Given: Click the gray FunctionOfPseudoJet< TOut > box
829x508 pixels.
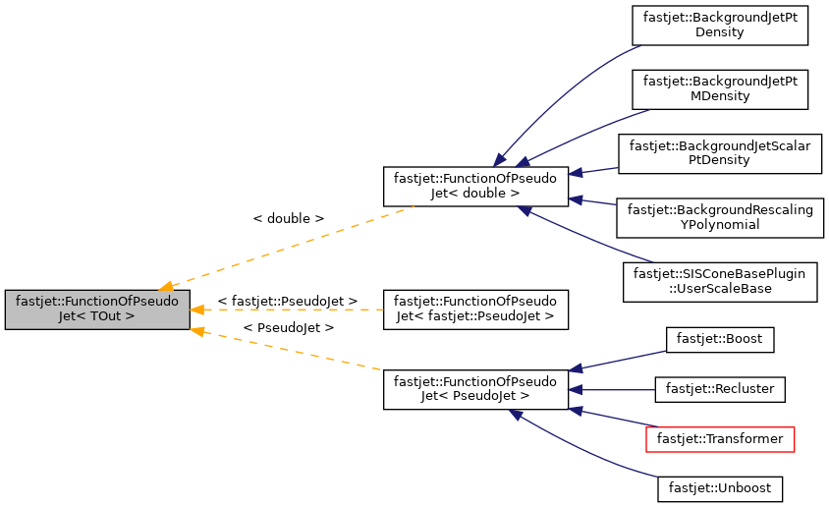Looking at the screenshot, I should point(96,310).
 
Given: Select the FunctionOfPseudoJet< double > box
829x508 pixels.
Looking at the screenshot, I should point(475,187).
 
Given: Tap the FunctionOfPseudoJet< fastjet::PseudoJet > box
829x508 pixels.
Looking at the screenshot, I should point(475,310).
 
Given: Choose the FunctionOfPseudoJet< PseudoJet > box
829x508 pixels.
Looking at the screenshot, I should point(475,389).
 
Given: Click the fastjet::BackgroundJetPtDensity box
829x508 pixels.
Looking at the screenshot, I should point(720,25).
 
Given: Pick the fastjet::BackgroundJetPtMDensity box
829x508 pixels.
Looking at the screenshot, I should point(720,88).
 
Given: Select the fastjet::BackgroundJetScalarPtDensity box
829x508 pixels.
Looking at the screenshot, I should point(720,152).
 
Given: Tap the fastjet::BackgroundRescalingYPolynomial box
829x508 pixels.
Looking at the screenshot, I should point(720,216).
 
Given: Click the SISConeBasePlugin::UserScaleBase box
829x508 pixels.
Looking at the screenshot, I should point(720,282).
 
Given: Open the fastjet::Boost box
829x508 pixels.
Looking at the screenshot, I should point(720,340).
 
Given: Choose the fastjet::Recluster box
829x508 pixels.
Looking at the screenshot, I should point(720,389).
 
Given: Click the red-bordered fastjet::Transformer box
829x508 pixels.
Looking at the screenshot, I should point(720,439).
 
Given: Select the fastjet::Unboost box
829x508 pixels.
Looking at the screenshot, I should point(720,486).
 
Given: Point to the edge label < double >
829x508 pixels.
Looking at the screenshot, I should point(288,218).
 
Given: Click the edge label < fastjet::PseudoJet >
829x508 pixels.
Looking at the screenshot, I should point(287,301).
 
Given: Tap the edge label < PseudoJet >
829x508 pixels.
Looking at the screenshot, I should point(288,326).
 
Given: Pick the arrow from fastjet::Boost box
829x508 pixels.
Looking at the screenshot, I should point(619,360).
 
